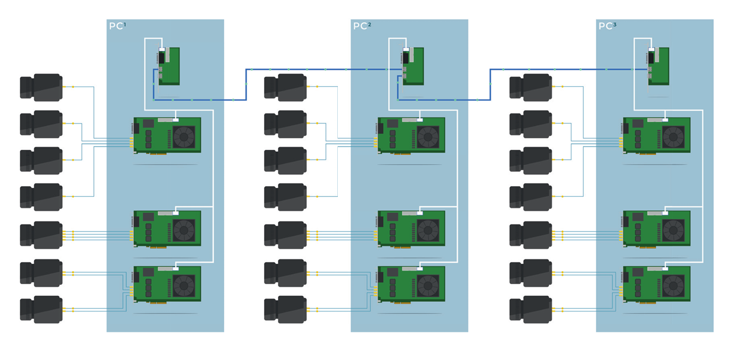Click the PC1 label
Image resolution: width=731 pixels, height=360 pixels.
(117, 26)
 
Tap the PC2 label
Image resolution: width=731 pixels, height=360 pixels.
(362, 26)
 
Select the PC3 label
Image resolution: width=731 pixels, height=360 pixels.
(607, 26)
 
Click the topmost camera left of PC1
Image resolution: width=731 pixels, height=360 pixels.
(41, 87)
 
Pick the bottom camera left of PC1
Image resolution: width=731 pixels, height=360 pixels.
(41, 309)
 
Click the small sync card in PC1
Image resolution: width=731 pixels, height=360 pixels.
(168, 66)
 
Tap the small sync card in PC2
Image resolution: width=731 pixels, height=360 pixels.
(413, 66)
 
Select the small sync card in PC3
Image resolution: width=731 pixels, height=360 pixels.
(658, 66)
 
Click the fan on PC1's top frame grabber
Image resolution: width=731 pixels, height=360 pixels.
(183, 136)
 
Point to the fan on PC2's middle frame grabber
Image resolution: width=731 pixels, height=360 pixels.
(428, 229)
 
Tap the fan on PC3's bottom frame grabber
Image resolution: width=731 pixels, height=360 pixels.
(673, 285)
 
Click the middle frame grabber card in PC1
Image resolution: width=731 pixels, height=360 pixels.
(167, 229)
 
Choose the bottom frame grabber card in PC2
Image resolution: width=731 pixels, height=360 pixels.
(412, 285)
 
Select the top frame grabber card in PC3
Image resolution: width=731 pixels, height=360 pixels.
(657, 135)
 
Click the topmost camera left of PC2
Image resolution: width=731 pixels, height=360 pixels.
(285, 87)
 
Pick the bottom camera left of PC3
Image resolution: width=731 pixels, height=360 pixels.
(531, 309)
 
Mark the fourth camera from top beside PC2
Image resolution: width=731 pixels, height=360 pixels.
(285, 197)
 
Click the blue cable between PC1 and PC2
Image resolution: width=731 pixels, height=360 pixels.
(246, 84)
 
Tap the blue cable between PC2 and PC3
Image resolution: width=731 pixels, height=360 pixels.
(491, 84)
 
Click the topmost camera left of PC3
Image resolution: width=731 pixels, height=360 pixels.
(531, 87)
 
